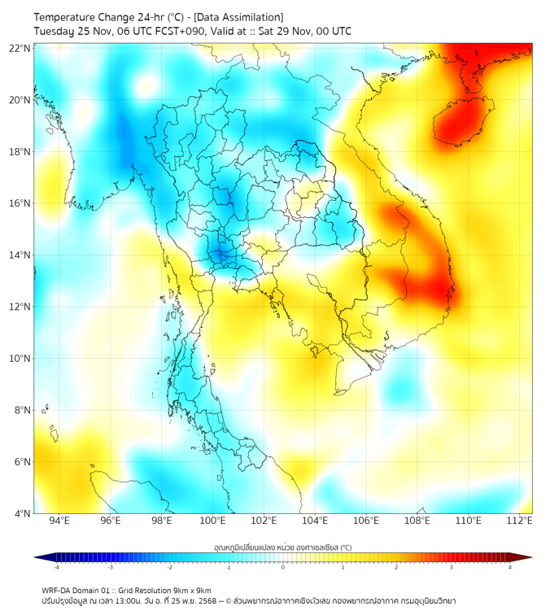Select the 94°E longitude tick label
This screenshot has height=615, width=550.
(x=59, y=521)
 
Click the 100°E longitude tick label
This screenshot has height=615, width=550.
(x=213, y=521)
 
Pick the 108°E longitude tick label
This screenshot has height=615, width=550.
(x=417, y=521)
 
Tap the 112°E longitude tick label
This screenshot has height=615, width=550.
(x=520, y=521)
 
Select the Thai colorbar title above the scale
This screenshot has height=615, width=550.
(x=283, y=547)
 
